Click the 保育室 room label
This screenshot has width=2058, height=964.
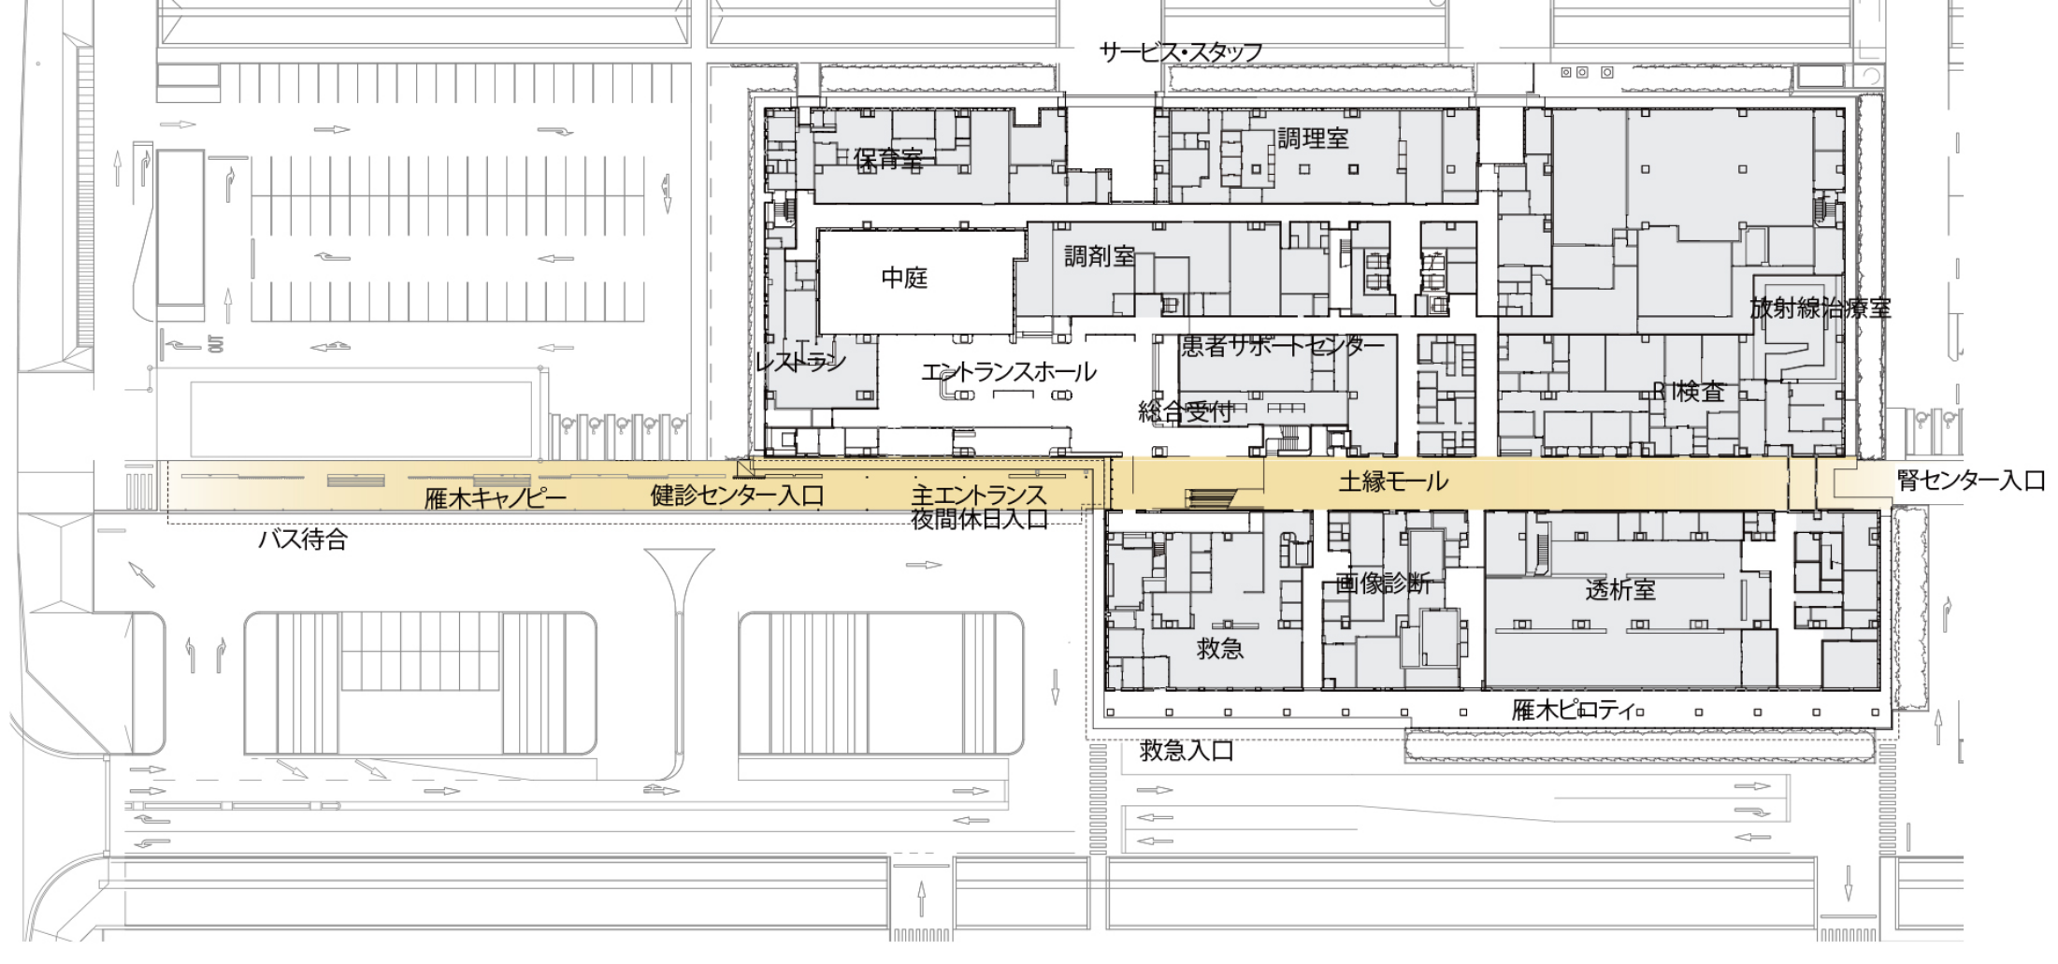coord(888,159)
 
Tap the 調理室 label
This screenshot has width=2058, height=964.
coord(1314,138)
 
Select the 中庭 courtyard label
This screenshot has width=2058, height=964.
coord(904,278)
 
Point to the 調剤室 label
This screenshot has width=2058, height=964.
coord(1100,256)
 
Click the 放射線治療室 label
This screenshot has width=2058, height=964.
coord(1821,309)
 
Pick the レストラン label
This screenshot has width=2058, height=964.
coord(800,363)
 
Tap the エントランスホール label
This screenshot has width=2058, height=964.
coord(1009,372)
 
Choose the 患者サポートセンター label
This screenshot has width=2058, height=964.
coord(1283,347)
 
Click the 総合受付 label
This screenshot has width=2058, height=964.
coord(1185,411)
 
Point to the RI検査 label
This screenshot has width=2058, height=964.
coord(1689,391)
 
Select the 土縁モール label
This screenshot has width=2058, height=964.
coord(1393,482)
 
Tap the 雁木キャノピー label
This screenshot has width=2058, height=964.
coord(496,498)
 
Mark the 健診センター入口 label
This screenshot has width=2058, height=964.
coord(737,496)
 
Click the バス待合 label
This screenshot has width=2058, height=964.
coord(303,540)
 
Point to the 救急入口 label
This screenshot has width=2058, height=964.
coord(1187,751)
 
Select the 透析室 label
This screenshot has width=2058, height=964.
coord(1620,590)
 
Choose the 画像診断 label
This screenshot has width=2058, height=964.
coord(1384,584)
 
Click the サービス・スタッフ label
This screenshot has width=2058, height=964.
coord(1181,52)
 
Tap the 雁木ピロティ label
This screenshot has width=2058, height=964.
coord(1571,711)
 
